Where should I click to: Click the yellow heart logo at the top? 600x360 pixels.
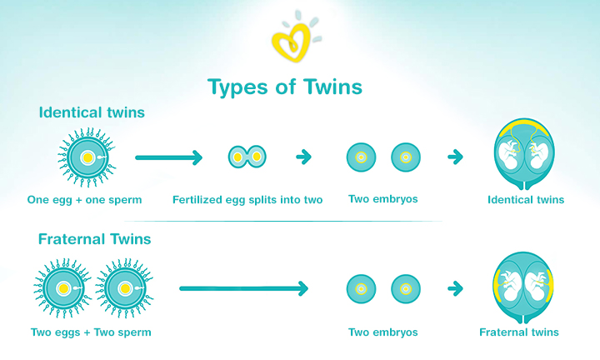pos(291,42)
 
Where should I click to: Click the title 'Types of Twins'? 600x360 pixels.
pos(285,87)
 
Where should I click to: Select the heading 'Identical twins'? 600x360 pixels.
pos(92,112)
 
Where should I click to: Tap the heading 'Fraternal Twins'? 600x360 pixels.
pos(94,239)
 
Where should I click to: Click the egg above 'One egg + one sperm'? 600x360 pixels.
pos(87,157)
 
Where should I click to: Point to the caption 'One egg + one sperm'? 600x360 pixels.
pos(84,200)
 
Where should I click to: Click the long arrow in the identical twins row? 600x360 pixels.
pos(168,157)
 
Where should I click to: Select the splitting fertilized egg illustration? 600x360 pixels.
pos(247,157)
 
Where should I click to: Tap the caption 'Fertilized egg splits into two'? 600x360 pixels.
pos(247,200)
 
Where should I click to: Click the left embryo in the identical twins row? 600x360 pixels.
pos(361,157)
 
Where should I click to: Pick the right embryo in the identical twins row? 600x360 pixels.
pos(406,157)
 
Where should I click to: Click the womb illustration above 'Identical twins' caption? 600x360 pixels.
pos(524,154)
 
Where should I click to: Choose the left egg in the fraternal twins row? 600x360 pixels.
pos(63,288)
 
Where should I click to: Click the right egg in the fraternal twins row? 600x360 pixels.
pos(125,288)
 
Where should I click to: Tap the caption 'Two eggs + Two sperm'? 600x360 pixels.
pos(91,332)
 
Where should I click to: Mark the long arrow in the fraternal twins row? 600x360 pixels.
pos(243,288)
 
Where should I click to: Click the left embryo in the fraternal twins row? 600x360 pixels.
pos(361,289)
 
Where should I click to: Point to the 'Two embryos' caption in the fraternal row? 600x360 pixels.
pos(383,332)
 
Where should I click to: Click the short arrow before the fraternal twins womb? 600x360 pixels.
pos(455,288)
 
